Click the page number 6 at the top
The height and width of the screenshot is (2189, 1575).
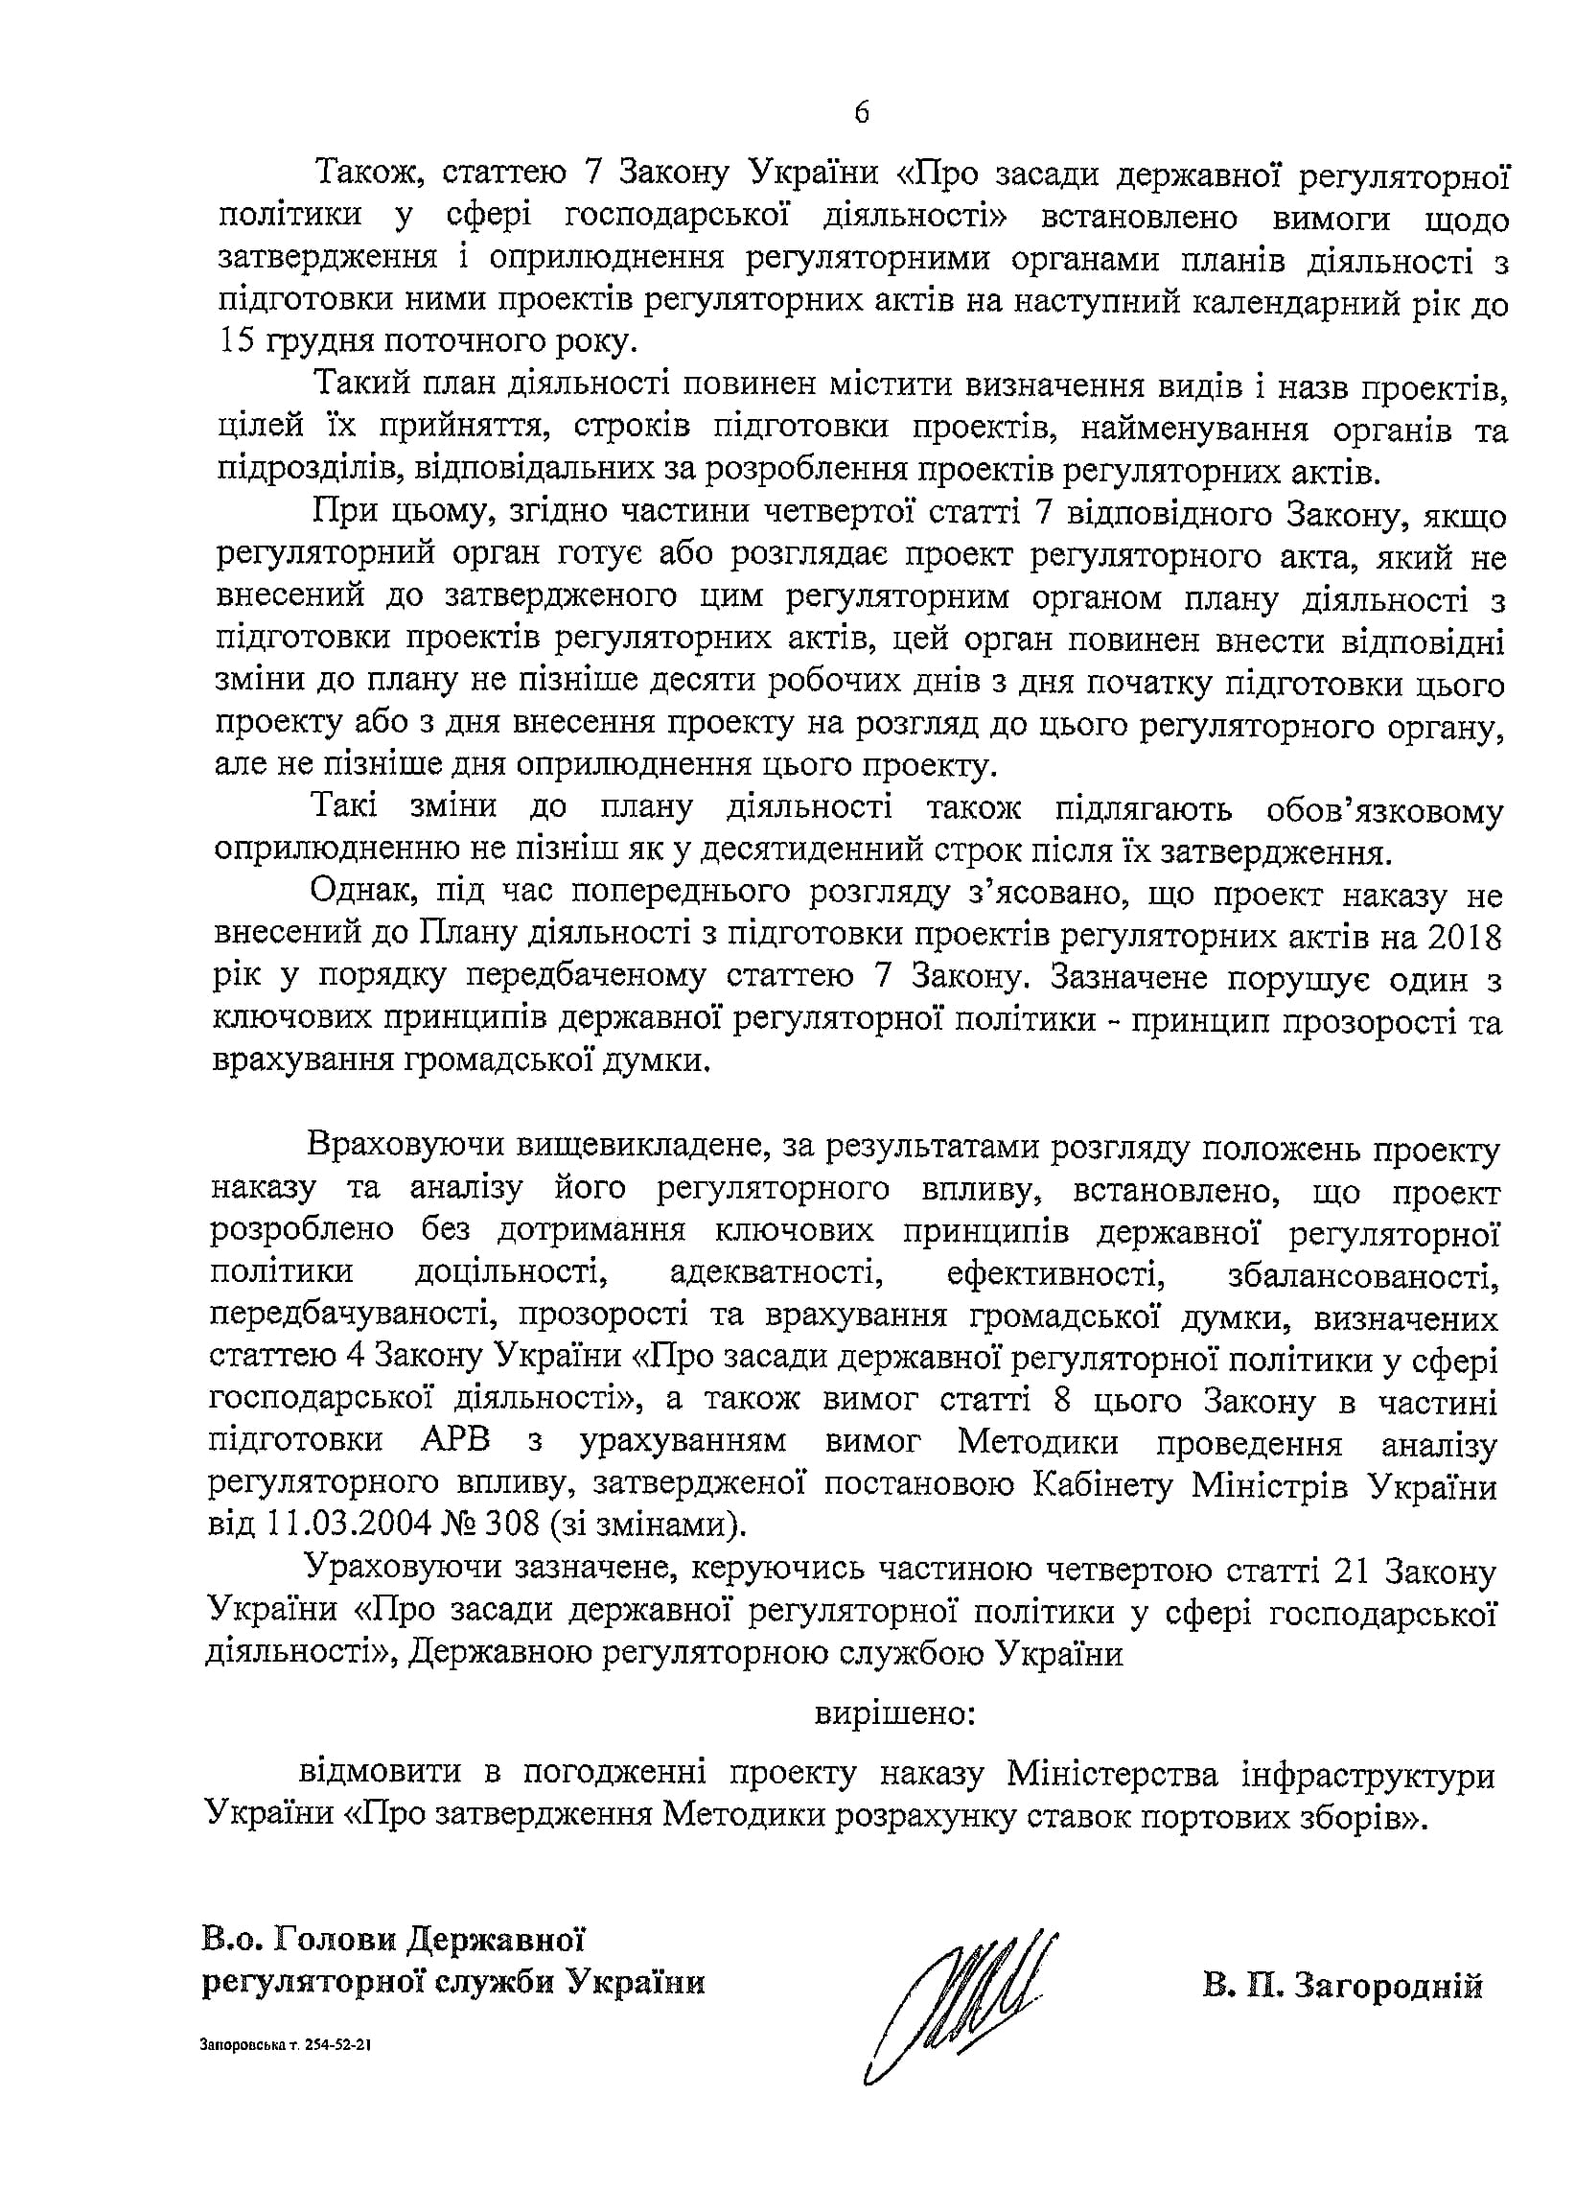click(x=861, y=113)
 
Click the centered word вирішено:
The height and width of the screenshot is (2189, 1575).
click(x=896, y=1715)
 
